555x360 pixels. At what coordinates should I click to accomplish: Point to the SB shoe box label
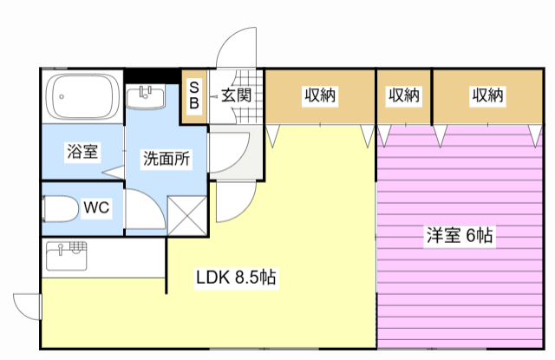194,95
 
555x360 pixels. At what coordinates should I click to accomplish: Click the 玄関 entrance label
234,95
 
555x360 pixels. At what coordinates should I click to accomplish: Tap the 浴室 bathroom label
83,152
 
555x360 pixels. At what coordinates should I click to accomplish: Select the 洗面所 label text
166,159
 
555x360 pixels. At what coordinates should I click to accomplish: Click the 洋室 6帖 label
460,234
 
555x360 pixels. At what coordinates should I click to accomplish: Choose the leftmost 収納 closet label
320,95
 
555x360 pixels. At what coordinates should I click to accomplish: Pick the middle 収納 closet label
404,95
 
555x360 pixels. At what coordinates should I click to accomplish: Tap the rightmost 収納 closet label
487,95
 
